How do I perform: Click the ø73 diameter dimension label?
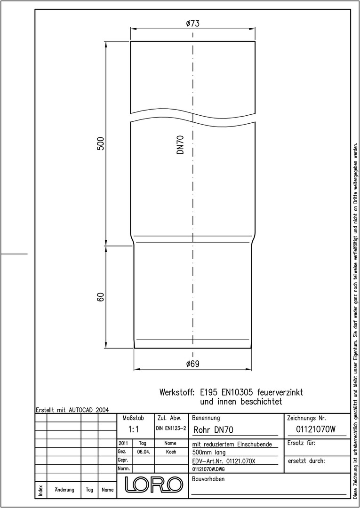click(192, 24)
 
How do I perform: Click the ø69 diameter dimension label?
click(192, 364)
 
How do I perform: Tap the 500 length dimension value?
click(101, 143)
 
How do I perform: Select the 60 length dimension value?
click(101, 297)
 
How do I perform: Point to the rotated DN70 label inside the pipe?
click(181, 144)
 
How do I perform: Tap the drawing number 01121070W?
click(316, 429)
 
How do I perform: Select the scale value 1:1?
click(134, 429)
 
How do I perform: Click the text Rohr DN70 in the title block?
click(213, 430)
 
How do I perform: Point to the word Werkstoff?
click(177, 392)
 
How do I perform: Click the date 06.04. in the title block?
click(143, 452)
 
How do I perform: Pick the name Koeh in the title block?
click(171, 452)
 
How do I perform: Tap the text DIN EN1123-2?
click(171, 429)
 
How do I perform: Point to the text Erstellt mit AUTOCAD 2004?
click(72, 410)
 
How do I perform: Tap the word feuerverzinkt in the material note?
click(280, 392)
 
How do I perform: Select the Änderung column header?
click(64, 490)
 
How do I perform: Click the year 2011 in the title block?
click(123, 443)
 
